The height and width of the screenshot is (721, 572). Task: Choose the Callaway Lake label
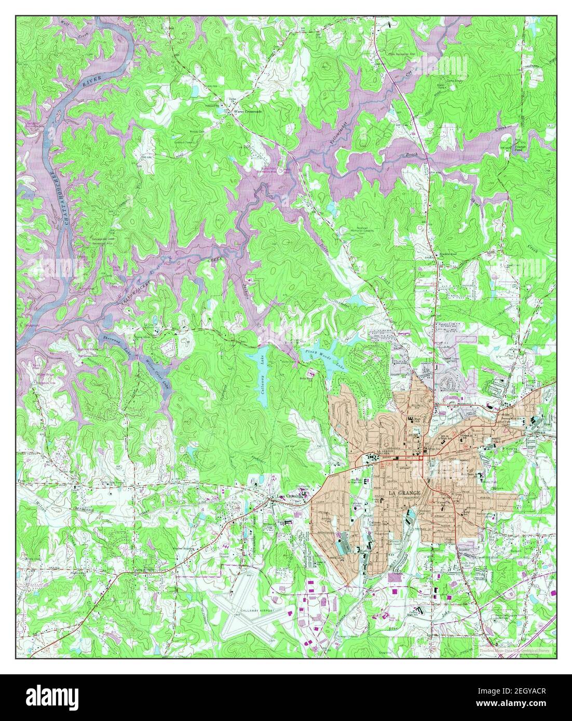264,377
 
